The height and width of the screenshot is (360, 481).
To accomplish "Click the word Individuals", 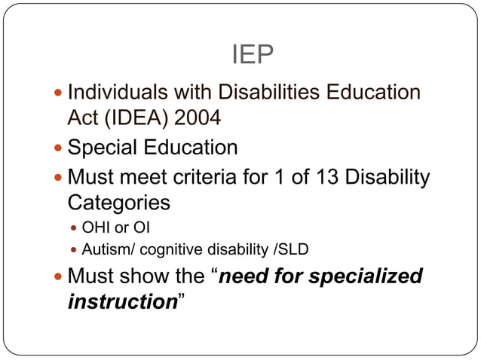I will point(113,93).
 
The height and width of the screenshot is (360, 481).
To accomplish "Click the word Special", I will point(105,147).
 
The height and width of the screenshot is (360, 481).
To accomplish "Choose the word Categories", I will point(118,203).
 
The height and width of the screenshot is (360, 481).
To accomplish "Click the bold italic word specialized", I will point(364,276).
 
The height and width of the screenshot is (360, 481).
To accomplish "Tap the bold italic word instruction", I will point(121,301).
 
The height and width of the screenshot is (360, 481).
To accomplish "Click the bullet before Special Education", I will point(59,148).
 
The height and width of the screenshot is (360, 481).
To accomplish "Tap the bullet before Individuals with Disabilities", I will point(59,93).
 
